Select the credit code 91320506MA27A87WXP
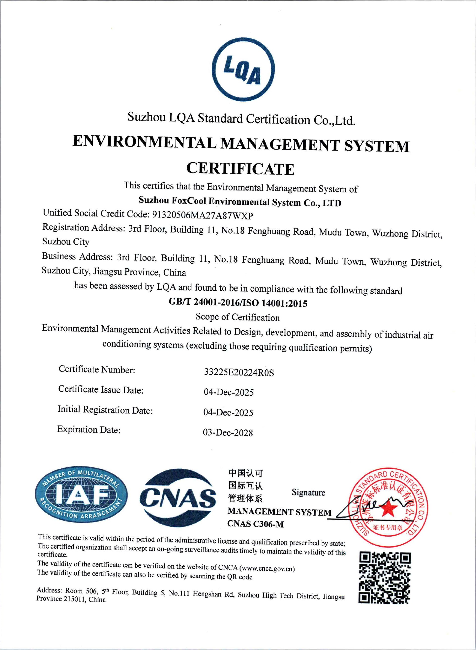(x=202, y=215)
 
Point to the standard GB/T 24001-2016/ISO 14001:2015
(x=238, y=302)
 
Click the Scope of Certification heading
(x=238, y=317)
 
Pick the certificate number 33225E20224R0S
(x=239, y=372)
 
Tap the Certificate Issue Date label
(x=101, y=389)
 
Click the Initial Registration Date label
(x=105, y=410)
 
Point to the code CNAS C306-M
(x=255, y=524)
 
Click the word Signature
(x=308, y=492)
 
